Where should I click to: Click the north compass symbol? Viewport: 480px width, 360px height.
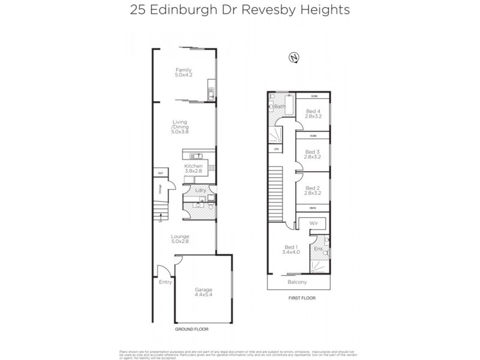pos(294,57)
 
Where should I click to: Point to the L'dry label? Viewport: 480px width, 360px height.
pos(200,190)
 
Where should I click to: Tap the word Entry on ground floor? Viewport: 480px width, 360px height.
pos(165,282)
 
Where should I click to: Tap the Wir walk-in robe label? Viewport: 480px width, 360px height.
pos(313,223)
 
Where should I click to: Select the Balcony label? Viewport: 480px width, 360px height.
pos(297,282)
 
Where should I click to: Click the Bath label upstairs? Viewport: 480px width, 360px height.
pos(280,107)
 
